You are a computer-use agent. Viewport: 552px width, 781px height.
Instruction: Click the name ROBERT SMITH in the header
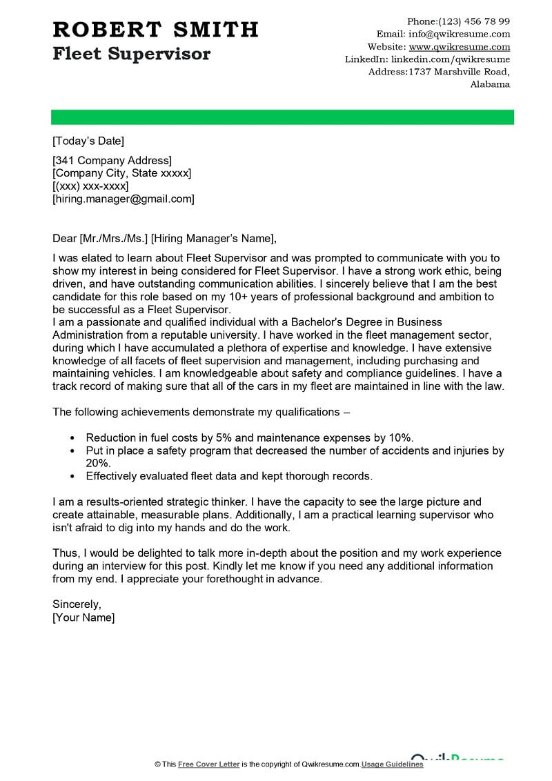pyautogui.click(x=155, y=30)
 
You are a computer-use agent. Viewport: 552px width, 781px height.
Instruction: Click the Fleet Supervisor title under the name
pyautogui.click(x=131, y=54)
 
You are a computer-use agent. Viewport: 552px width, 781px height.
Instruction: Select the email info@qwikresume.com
pyautogui.click(x=460, y=34)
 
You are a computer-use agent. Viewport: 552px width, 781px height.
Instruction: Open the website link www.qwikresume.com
pyautogui.click(x=460, y=47)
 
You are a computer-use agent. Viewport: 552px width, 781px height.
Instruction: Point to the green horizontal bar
pyautogui.click(x=283, y=117)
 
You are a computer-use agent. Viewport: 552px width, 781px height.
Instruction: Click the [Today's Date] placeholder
pyautogui.click(x=88, y=141)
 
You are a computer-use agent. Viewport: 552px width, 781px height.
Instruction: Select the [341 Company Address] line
pyautogui.click(x=112, y=161)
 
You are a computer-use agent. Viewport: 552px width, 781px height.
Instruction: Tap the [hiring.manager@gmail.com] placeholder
pyautogui.click(x=124, y=199)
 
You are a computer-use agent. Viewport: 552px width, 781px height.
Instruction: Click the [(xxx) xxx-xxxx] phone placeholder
pyautogui.click(x=90, y=186)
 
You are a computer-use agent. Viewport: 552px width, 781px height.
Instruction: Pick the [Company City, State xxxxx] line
pyautogui.click(x=122, y=173)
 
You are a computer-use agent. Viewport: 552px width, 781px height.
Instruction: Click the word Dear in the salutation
pyautogui.click(x=65, y=239)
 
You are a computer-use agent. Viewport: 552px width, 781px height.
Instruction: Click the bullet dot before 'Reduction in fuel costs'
pyautogui.click(x=72, y=438)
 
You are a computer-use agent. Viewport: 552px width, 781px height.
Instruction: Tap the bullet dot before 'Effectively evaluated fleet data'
pyautogui.click(x=72, y=476)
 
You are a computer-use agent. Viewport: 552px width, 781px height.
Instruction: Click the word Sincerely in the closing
pyautogui.click(x=77, y=604)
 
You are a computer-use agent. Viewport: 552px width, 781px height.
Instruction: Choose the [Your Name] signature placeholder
pyautogui.click(x=83, y=617)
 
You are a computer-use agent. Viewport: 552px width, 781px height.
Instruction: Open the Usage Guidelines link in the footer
pyautogui.click(x=393, y=764)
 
